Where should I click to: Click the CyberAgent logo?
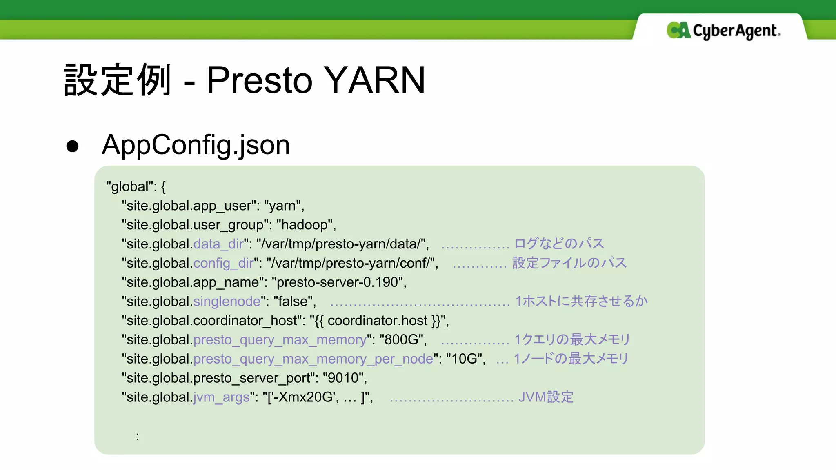click(x=723, y=31)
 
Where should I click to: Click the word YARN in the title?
click(x=374, y=80)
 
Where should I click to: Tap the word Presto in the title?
click(x=259, y=80)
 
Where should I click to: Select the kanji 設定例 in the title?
click(x=117, y=80)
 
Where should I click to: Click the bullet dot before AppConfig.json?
click(x=72, y=146)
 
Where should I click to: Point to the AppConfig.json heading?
click(x=196, y=145)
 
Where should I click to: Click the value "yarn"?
click(x=283, y=206)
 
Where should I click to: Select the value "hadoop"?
click(x=305, y=225)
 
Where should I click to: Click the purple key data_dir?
click(x=218, y=244)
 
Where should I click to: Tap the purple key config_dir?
click(x=223, y=263)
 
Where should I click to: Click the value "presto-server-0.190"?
click(x=338, y=282)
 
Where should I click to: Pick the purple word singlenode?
click(x=227, y=302)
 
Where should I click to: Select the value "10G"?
click(x=465, y=359)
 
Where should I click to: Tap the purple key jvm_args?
click(x=221, y=397)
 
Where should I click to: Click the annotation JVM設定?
click(x=546, y=397)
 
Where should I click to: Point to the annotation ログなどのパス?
click(x=559, y=244)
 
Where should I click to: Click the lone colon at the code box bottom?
click(x=138, y=436)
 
